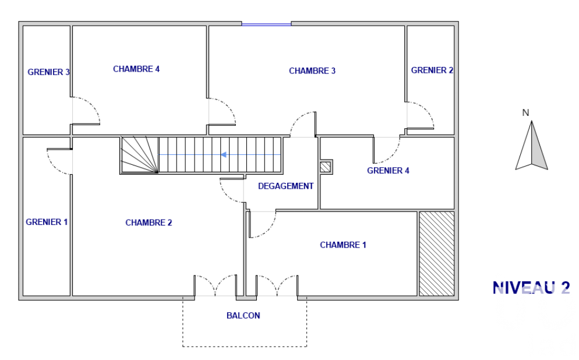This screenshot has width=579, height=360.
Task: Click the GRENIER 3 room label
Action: [x=49, y=72]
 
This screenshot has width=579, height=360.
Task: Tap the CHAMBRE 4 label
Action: [x=136, y=69]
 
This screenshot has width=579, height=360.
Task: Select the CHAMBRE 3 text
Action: [x=312, y=71]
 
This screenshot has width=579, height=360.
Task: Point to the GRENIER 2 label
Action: [x=432, y=70]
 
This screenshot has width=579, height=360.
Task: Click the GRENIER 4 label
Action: [x=388, y=171]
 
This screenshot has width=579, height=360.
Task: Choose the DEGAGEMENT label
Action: [x=286, y=186]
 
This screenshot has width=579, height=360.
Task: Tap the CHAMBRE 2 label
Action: [x=149, y=223]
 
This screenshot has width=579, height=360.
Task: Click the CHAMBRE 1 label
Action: [x=343, y=245]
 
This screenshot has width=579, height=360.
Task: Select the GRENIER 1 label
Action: [x=47, y=222]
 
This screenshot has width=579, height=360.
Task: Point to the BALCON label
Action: [x=243, y=316]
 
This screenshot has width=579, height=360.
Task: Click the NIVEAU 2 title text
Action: [x=531, y=288]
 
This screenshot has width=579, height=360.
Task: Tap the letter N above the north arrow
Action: [x=526, y=112]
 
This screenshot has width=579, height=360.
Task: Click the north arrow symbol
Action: [x=531, y=146]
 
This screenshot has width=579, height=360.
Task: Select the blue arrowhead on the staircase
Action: [x=223, y=155]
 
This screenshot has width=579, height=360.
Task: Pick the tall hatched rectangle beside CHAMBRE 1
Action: [x=436, y=253]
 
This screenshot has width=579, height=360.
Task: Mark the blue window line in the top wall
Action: [x=267, y=24]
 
